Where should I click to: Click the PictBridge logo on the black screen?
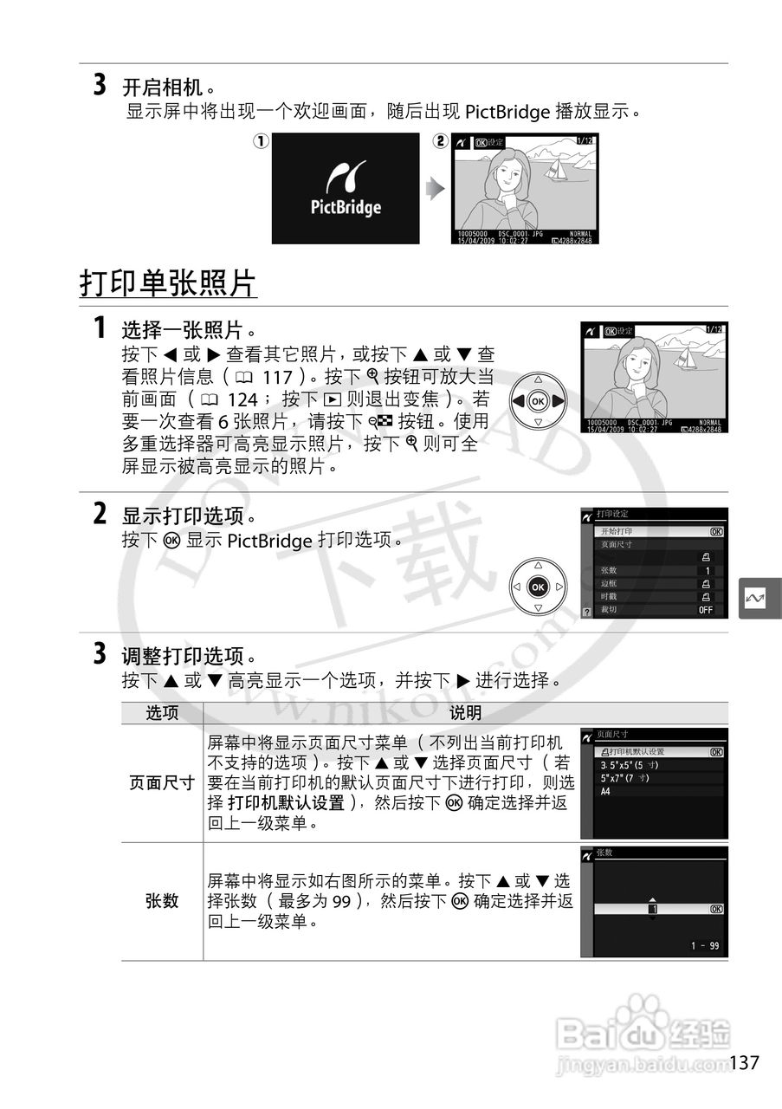point(345,189)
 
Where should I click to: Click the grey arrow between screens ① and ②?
point(436,189)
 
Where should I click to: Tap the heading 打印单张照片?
point(169,282)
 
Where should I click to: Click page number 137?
point(745,1062)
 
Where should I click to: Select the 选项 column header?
point(162,713)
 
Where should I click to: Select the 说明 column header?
point(465,713)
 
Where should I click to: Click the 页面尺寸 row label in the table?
point(162,782)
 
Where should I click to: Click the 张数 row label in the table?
point(162,901)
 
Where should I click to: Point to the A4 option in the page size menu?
point(606,791)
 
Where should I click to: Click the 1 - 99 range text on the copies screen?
point(704,945)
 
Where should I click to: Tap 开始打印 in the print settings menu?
point(617,531)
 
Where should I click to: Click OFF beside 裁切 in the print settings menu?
point(706,610)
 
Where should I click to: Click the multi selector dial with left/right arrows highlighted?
point(538,401)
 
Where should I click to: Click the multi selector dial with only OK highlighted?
point(538,587)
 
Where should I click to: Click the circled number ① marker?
point(260,140)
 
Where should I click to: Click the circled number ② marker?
point(441,140)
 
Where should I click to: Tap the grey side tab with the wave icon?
point(760,599)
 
